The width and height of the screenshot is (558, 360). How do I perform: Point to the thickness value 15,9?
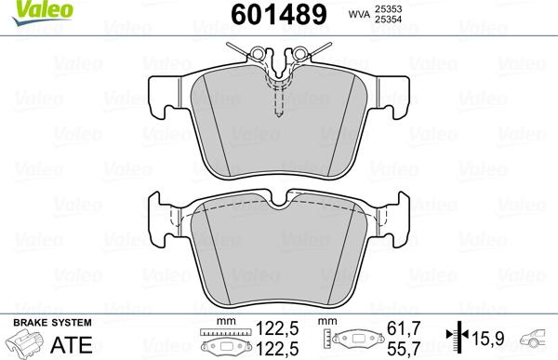(492, 337)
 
